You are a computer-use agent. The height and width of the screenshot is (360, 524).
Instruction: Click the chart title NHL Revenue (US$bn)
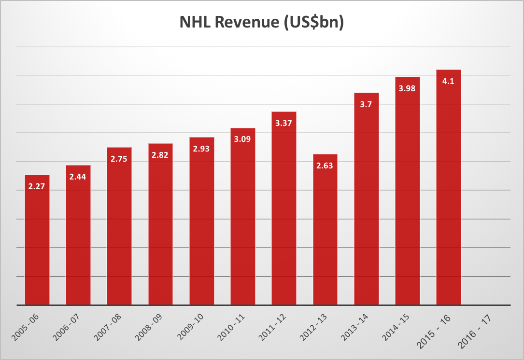(261, 23)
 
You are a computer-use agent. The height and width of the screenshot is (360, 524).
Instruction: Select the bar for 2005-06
(37, 241)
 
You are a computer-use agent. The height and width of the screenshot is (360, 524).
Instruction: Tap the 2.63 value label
(325, 165)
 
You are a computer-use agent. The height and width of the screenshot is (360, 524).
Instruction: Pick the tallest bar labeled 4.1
(448, 193)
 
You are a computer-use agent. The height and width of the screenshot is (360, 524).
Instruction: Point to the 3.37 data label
(284, 123)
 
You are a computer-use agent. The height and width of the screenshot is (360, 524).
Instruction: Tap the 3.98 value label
(407, 88)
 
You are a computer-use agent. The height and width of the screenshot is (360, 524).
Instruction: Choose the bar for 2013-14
(366, 203)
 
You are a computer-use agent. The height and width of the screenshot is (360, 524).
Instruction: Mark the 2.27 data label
(37, 186)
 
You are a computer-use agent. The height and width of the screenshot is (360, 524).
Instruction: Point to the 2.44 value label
(78, 177)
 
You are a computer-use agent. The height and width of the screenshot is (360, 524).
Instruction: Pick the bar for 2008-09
(160, 227)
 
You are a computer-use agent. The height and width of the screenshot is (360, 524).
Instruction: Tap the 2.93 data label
(201, 149)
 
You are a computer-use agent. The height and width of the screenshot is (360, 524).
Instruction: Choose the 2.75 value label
(119, 158)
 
